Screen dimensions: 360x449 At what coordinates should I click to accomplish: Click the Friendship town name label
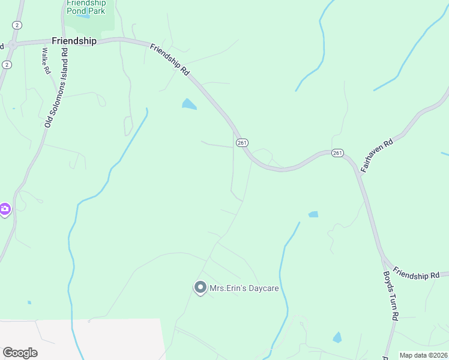74,41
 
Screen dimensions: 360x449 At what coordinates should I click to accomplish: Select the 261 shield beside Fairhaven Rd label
337,154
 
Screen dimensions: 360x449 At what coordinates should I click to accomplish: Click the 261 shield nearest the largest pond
242,143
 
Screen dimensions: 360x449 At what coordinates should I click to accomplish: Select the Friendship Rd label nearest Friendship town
170,59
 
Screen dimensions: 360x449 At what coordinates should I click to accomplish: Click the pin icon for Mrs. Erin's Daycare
200,288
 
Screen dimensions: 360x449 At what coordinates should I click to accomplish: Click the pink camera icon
5,209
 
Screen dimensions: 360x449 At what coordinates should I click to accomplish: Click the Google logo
20,353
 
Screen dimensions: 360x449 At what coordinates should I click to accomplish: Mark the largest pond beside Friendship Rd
189,104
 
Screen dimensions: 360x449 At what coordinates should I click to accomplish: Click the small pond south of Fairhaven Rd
313,214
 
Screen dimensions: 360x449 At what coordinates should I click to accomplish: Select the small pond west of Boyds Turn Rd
337,337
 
